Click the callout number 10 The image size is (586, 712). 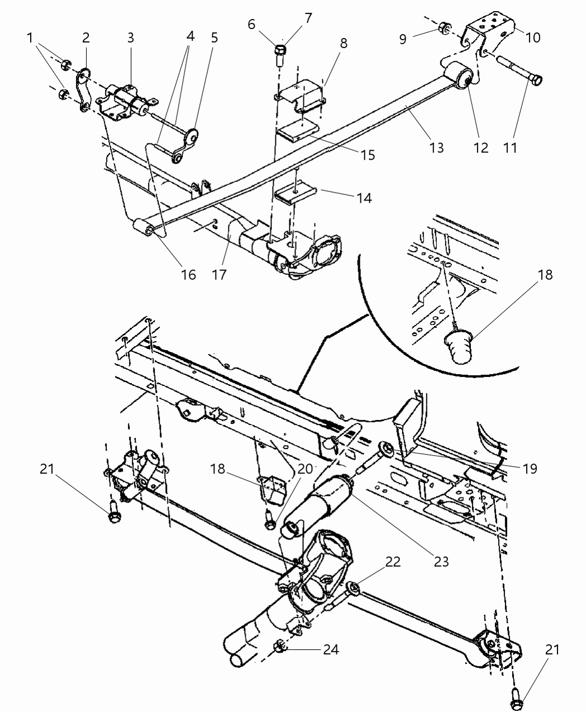pos(533,37)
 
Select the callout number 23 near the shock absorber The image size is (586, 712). pos(441,560)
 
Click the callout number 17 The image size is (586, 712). pos(220,274)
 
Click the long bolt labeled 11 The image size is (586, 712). pos(517,70)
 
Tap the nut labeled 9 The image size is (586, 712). pos(445,27)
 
